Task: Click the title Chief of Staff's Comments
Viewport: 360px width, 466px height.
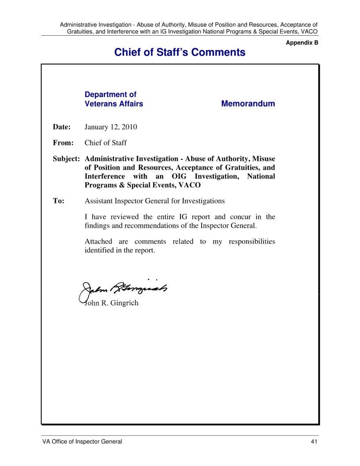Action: tap(180, 53)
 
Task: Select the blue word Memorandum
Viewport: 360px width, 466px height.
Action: tap(247, 104)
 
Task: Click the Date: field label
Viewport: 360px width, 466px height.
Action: tap(62, 127)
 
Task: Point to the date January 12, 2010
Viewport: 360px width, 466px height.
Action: tap(111, 127)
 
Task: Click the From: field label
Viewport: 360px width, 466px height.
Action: tap(63, 143)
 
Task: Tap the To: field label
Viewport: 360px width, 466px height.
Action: tap(59, 201)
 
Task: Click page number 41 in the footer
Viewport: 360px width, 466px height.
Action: tap(314, 442)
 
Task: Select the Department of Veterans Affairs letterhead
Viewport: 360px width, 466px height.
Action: tap(113, 99)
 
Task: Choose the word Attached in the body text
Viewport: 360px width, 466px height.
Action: tap(98, 241)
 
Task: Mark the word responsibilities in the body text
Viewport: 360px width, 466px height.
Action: tap(252, 241)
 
